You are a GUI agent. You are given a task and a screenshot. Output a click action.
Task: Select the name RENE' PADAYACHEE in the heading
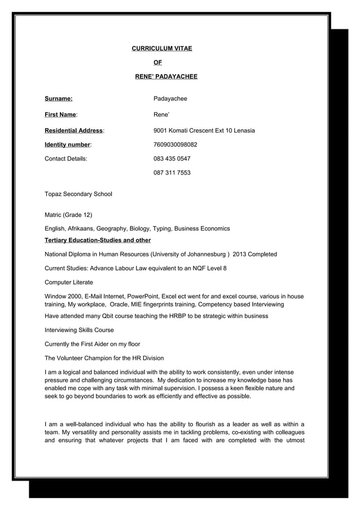pos(166,76)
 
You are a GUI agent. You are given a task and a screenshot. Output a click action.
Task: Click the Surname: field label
pos(58,99)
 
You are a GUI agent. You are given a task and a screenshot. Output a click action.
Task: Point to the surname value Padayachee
pos(170,99)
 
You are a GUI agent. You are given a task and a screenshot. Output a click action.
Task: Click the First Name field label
pos(61,115)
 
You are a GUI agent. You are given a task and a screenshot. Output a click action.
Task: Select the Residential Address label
pos(74,130)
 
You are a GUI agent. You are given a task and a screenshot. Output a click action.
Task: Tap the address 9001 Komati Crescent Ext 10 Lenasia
pos(204,130)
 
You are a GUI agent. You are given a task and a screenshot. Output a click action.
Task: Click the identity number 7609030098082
pos(175,145)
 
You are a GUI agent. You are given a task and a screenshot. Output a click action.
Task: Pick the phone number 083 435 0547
pos(172,159)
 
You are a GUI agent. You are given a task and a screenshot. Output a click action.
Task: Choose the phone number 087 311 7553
pos(172,172)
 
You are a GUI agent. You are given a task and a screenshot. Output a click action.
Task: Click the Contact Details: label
pos(66,159)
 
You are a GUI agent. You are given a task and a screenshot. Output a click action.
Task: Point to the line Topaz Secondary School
pos(78,194)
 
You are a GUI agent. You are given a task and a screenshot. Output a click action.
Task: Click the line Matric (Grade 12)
pos(68,215)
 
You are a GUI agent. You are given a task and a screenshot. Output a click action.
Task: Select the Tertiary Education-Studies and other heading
pos(98,241)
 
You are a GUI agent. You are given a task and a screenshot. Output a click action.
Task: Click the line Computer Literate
pos(69,282)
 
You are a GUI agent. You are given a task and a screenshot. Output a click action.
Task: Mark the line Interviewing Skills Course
pos(79,330)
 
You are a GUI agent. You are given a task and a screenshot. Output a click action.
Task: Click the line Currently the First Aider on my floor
pos(92,344)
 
